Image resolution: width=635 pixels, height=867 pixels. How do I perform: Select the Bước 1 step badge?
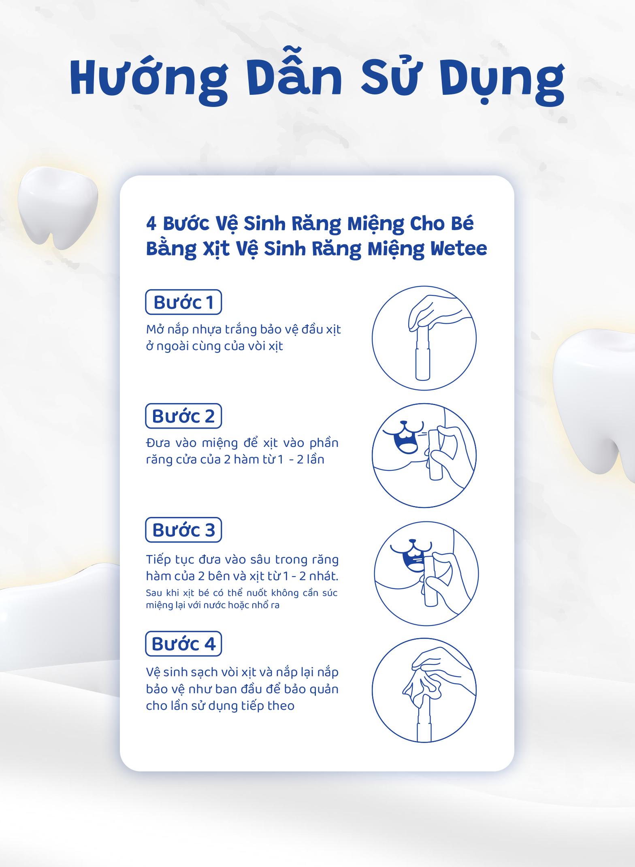(x=183, y=302)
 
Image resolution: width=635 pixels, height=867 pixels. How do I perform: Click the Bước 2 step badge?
(x=183, y=416)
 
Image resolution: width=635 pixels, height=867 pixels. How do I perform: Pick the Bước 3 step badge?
(x=183, y=530)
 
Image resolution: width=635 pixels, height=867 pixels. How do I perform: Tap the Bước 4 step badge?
(x=183, y=644)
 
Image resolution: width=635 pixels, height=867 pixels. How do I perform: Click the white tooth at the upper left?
(x=58, y=205)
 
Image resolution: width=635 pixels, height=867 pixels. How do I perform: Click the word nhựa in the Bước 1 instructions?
(x=210, y=330)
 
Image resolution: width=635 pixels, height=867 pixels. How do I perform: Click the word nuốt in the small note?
(x=257, y=593)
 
